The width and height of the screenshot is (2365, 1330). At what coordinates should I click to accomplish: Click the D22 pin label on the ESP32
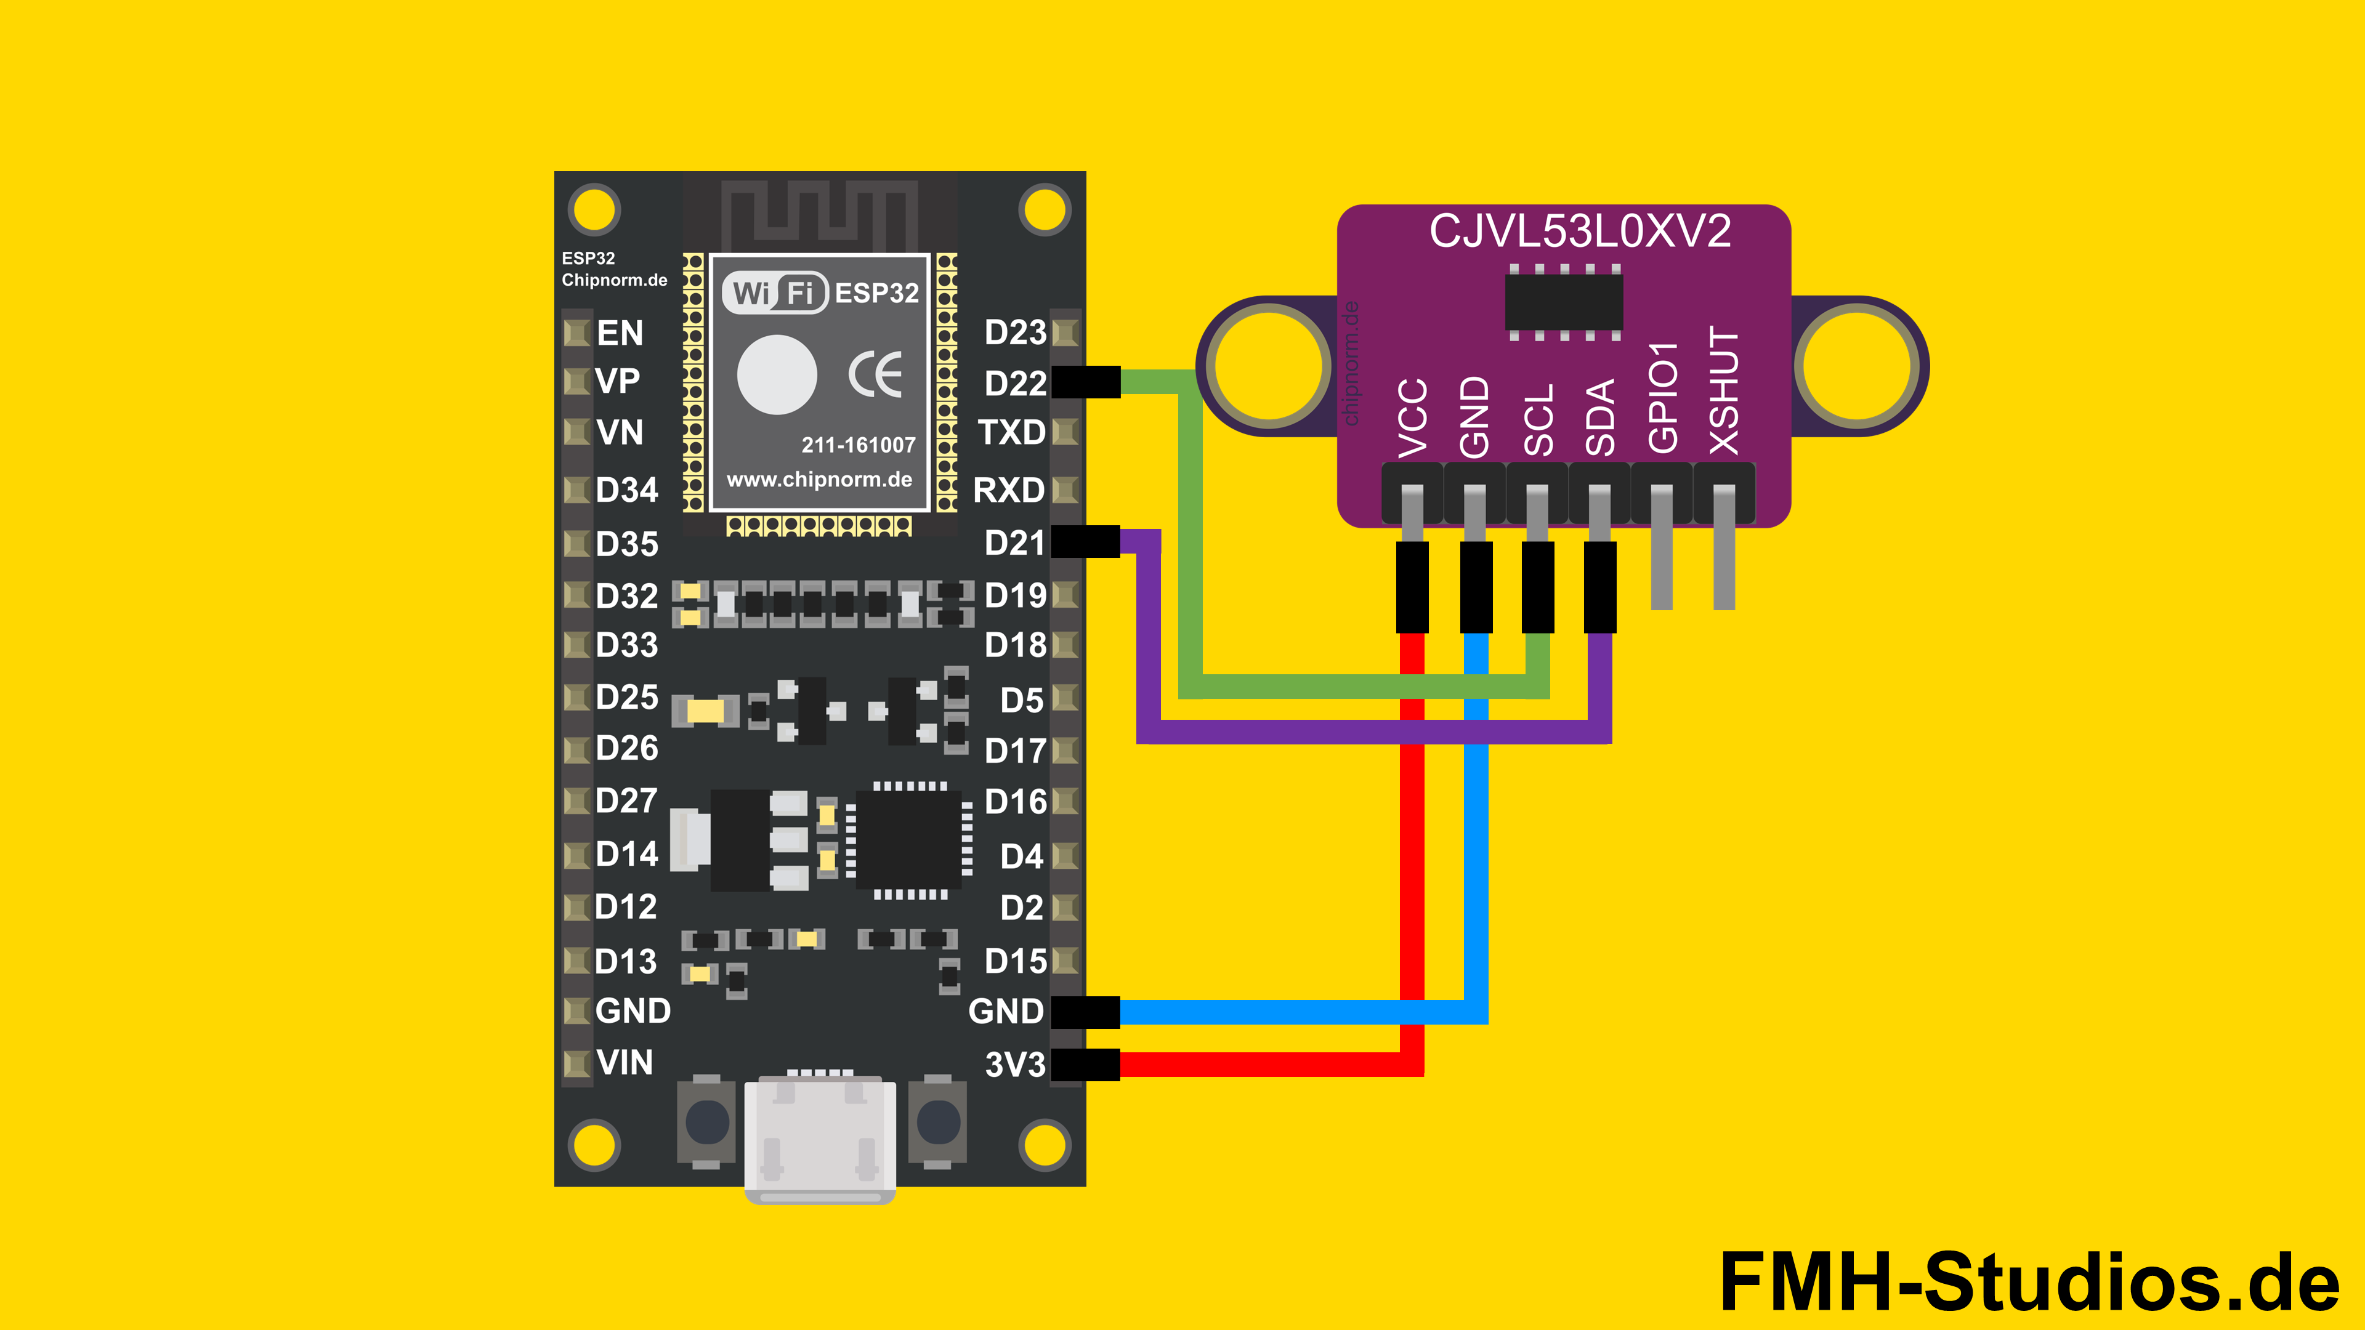[1014, 383]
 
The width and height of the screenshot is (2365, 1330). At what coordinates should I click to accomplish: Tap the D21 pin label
[1014, 542]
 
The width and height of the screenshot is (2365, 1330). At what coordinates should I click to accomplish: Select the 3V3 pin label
[1014, 1065]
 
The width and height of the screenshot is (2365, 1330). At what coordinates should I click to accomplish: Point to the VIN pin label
[625, 1062]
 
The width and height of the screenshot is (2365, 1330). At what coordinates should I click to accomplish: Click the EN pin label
[620, 332]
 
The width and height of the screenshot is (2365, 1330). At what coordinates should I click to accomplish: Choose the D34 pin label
[627, 490]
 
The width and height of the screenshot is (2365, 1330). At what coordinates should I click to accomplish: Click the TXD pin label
[1012, 432]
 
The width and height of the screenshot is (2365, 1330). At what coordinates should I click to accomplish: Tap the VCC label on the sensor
[1412, 417]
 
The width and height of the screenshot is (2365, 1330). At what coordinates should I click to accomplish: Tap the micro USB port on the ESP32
[820, 1138]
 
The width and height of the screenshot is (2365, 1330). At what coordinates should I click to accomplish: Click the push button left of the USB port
[707, 1122]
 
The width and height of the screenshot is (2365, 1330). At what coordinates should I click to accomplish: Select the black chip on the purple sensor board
[1564, 302]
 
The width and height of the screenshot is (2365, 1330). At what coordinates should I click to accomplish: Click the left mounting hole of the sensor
[1268, 365]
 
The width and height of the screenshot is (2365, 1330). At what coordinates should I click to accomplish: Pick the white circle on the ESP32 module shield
[777, 374]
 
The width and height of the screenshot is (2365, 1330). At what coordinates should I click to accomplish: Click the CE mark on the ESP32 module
[875, 374]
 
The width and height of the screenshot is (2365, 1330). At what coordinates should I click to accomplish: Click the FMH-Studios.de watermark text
[2029, 1281]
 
